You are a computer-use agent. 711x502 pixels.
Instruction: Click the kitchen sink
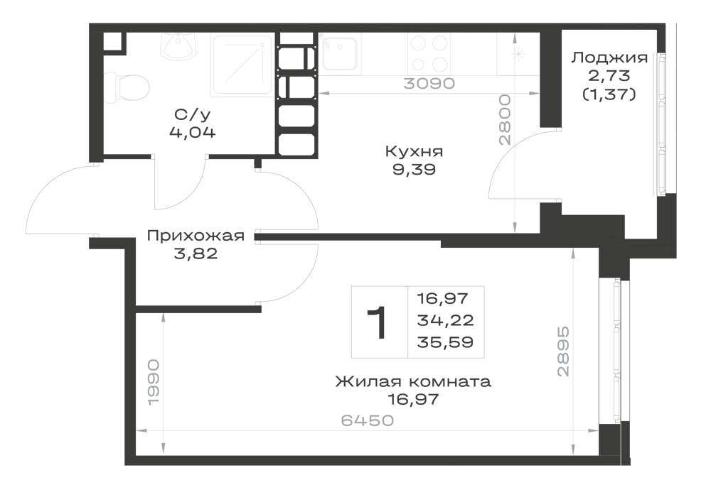point(339,53)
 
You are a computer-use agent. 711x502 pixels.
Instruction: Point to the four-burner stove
point(429,54)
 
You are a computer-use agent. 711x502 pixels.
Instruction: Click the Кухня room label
point(414,151)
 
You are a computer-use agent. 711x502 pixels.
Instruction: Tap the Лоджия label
point(609,58)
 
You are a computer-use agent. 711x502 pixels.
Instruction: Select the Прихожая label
point(196,236)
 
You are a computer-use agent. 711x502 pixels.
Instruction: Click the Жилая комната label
point(413,381)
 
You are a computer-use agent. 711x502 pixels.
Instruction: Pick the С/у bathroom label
point(192,116)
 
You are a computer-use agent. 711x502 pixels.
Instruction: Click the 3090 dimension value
point(429,83)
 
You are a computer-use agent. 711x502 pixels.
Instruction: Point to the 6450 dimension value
point(368,420)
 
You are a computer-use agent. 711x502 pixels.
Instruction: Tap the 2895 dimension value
point(562,351)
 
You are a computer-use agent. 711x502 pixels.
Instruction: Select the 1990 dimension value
point(154,383)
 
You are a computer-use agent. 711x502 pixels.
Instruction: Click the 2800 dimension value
point(505,119)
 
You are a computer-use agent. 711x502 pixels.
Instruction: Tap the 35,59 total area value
point(445,342)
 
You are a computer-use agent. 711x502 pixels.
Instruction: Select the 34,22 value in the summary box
point(445,320)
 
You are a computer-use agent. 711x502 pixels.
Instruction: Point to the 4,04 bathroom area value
point(192,132)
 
